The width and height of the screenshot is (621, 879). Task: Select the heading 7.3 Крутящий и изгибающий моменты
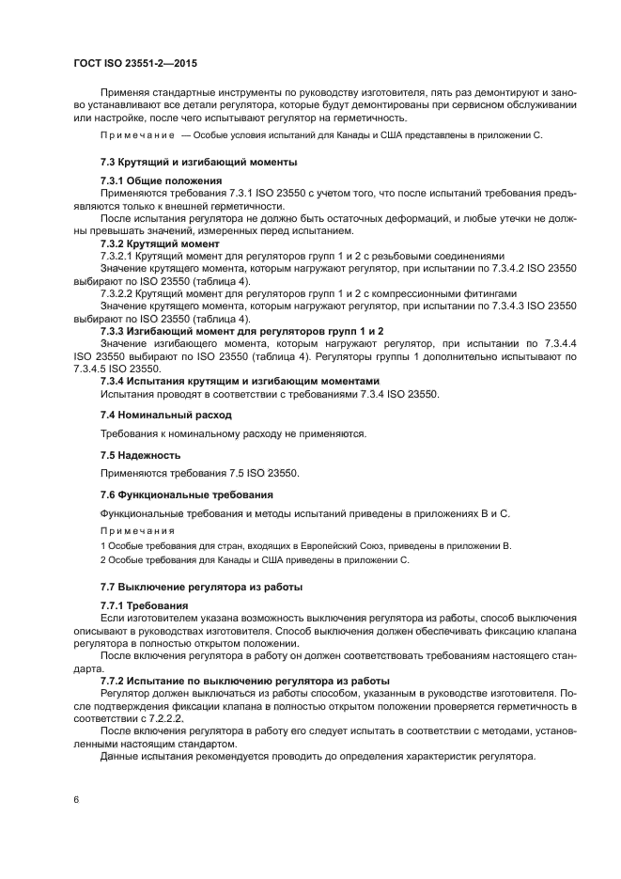198,162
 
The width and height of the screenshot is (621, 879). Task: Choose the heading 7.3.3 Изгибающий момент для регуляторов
241,332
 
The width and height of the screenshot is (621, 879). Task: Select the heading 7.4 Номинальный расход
165,415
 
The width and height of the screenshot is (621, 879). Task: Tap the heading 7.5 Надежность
140,455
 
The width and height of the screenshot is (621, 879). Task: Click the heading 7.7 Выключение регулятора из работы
201,587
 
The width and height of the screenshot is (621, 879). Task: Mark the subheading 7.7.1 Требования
144,605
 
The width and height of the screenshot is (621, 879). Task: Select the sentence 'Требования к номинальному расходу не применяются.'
232,434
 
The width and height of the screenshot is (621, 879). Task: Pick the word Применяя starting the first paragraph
127,93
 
